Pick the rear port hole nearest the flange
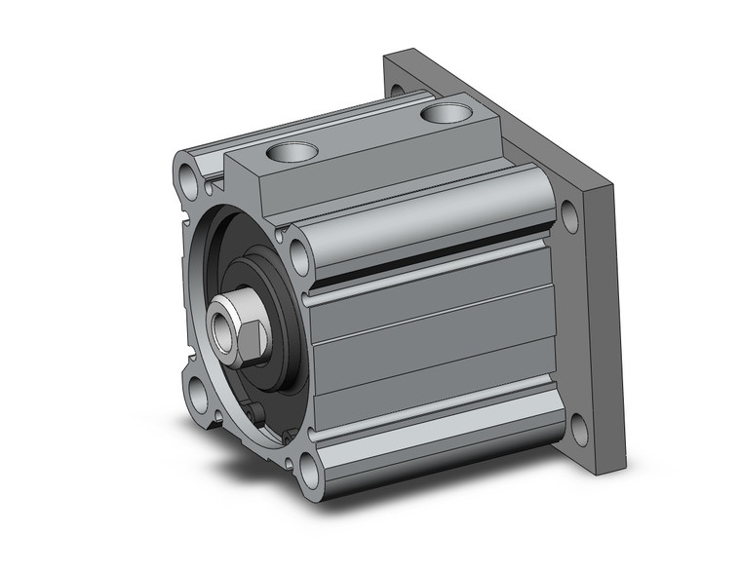[445, 114]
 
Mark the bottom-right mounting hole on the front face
[310, 471]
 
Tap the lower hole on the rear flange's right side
[577, 426]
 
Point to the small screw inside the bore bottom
[259, 419]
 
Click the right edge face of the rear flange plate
[604, 322]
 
